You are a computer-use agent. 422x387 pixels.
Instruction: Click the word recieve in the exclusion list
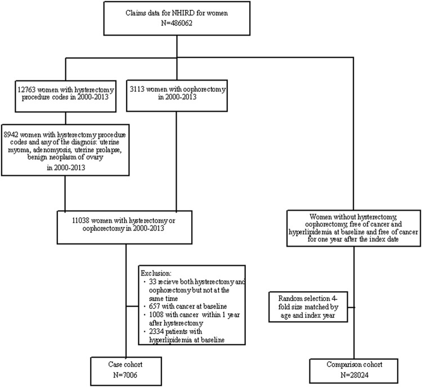[x=177, y=281]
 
